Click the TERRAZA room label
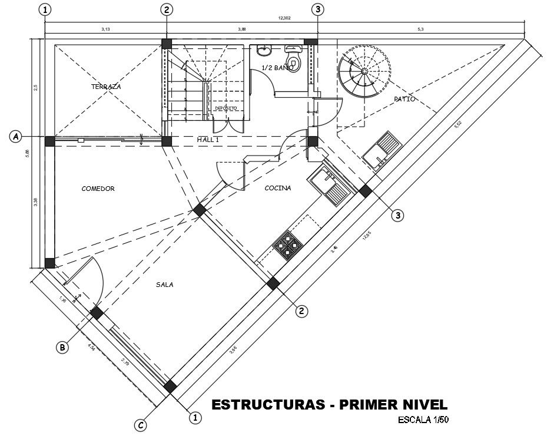point(106,87)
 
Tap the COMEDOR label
point(98,189)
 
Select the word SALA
point(164,285)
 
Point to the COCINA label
point(277,188)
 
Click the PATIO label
point(404,99)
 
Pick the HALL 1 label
point(208,140)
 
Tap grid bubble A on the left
point(16,136)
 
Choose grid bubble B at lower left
point(62,348)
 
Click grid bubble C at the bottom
point(140,425)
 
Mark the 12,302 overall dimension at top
point(284,18)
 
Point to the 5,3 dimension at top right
point(420,28)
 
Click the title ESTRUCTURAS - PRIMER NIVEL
point(329,405)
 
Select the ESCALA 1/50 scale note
point(423,420)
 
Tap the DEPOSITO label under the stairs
point(225,108)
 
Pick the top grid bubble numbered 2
point(167,9)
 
